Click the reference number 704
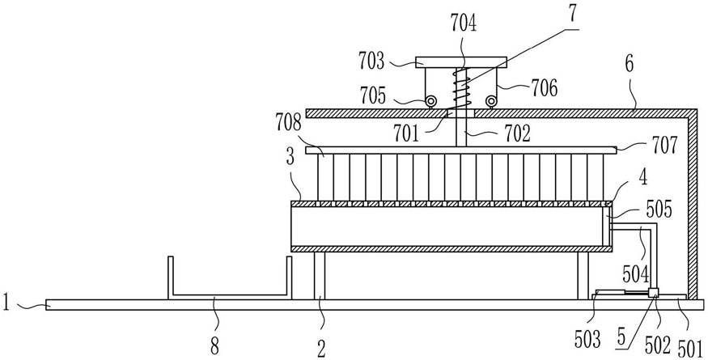point(463,23)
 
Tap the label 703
point(372,61)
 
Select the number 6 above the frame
point(629,64)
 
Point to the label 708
point(289,122)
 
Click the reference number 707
point(664,146)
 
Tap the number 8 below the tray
point(215,347)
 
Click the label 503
point(587,340)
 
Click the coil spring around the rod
point(460,87)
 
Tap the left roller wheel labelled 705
point(430,101)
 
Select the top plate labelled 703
point(460,61)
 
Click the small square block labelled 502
point(652,294)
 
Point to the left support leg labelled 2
point(320,276)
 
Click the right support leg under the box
point(583,276)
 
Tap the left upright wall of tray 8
point(171,277)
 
